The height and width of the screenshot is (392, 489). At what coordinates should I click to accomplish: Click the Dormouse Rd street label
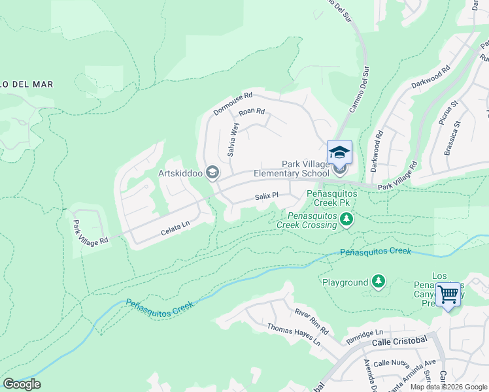coord(233,103)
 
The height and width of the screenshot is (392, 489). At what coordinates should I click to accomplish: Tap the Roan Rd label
coord(251,112)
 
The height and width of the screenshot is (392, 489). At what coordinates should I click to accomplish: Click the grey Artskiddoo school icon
coord(212,172)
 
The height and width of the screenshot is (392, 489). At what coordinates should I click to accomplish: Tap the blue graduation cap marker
coord(339,152)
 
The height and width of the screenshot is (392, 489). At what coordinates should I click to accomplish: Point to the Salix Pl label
coord(267,195)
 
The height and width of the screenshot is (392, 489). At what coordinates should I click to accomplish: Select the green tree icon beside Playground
coord(378,282)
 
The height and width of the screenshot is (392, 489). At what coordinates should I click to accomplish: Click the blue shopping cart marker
coord(448,294)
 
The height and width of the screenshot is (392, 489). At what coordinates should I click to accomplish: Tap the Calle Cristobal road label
coord(399,342)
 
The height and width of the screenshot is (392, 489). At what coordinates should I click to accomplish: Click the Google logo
coord(22,384)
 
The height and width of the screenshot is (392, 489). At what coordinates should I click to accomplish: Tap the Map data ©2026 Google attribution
coord(448,387)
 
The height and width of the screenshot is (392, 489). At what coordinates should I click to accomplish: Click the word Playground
coord(345,282)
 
